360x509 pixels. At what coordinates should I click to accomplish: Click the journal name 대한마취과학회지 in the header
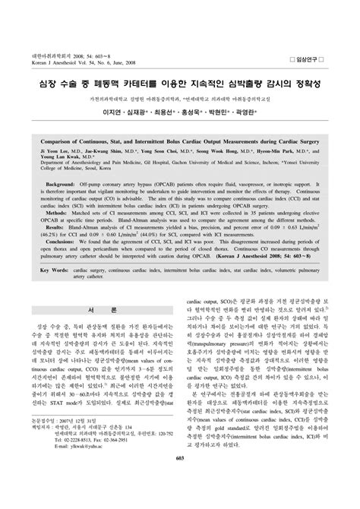[x=36, y=13]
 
